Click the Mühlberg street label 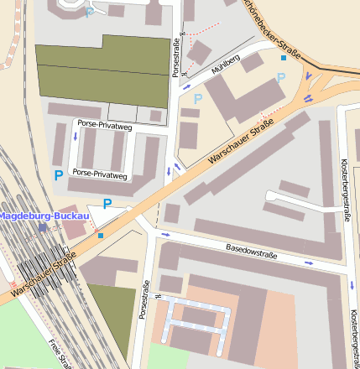[x=226, y=67]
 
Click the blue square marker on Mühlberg [x=284, y=58]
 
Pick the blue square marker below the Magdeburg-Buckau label [x=102, y=236]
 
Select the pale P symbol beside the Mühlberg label [x=198, y=99]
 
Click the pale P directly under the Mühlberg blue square [x=281, y=78]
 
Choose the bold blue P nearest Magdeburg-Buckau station [x=107, y=204]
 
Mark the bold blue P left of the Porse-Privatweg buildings [x=58, y=175]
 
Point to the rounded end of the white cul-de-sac [x=269, y=199]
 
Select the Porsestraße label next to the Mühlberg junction [x=176, y=56]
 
